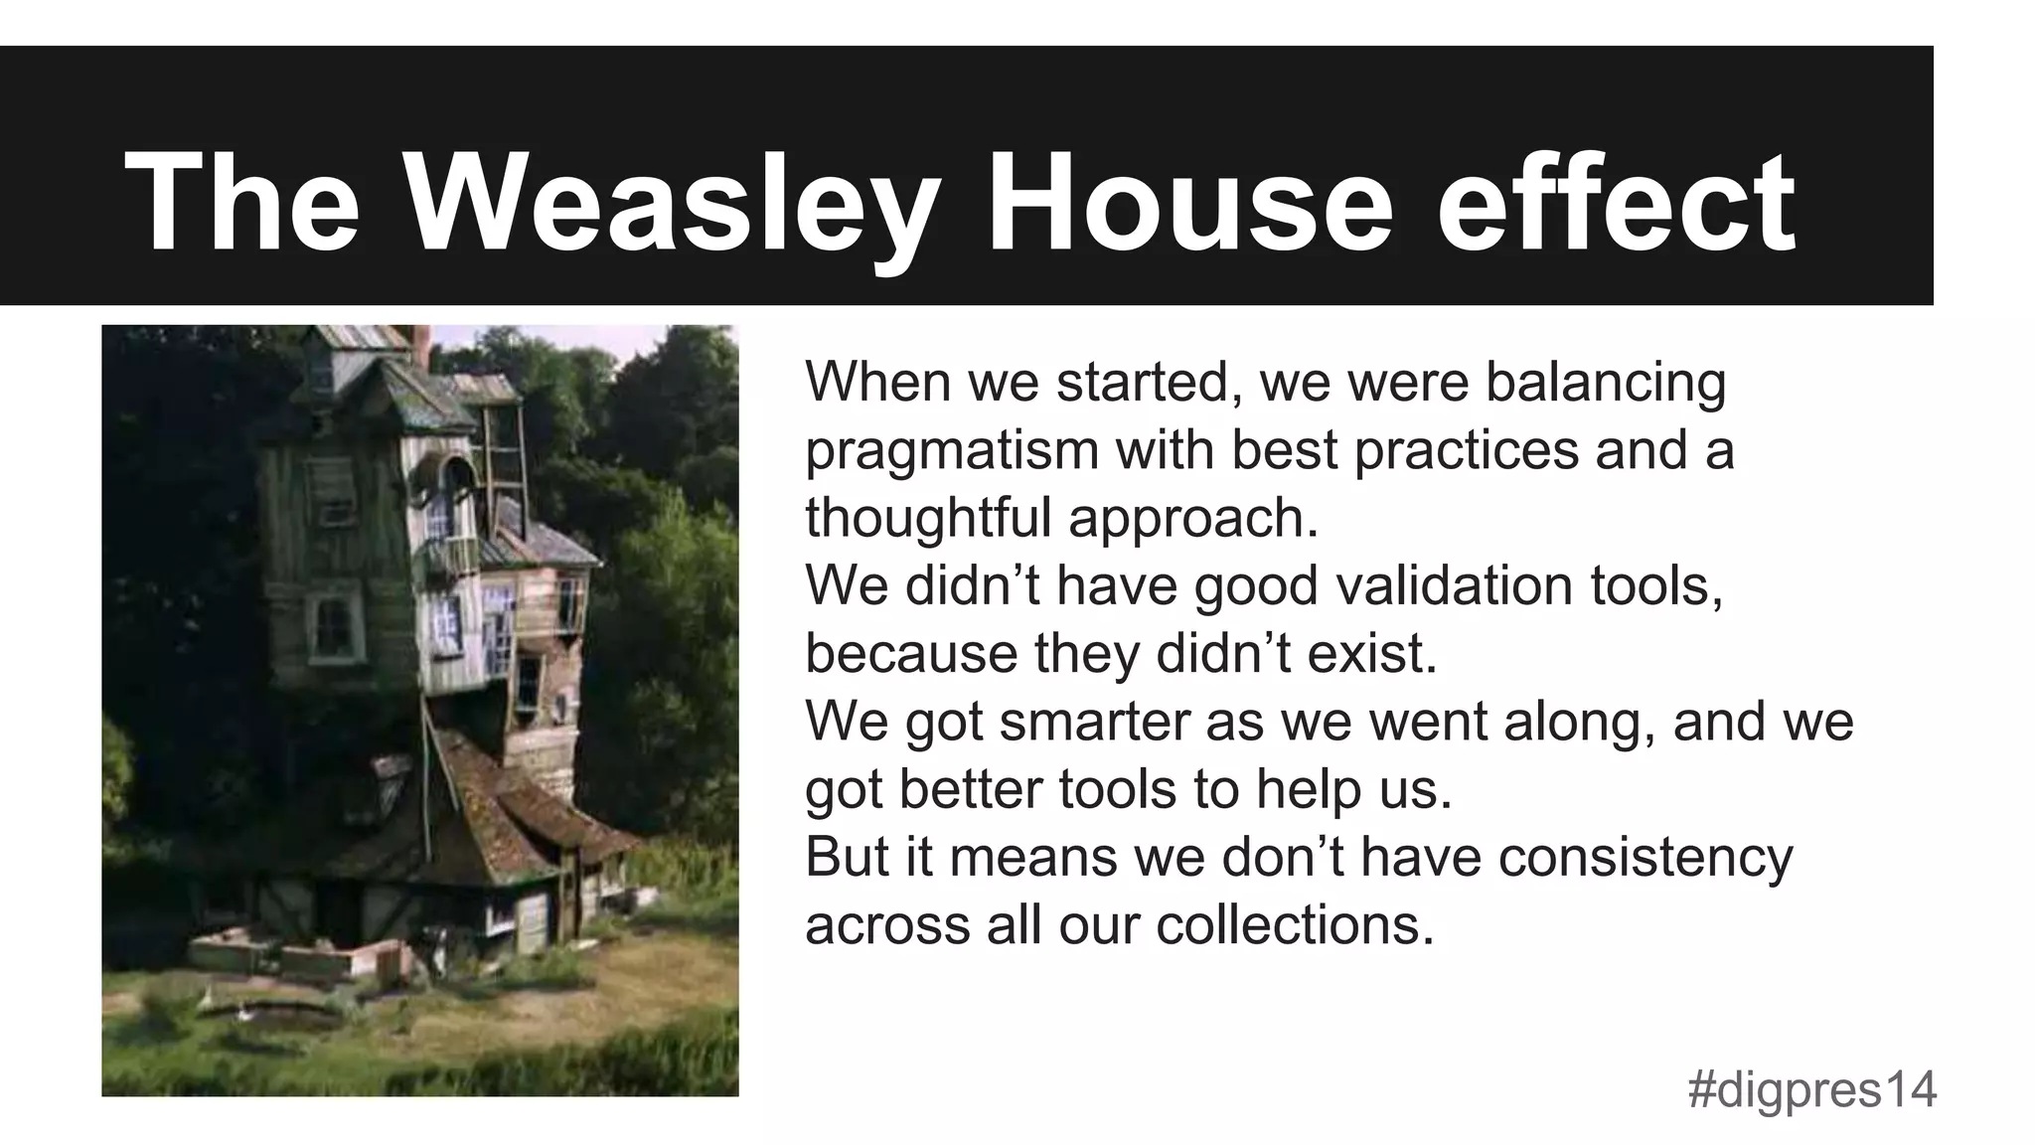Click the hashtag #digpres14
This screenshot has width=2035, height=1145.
click(1811, 1089)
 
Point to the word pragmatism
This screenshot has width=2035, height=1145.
click(951, 452)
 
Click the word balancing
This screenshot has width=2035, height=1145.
click(1606, 383)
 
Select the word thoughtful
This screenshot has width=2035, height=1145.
click(927, 518)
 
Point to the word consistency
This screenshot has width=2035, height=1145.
click(1645, 857)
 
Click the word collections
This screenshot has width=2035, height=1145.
click(1295, 925)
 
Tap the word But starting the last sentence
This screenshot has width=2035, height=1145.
click(847, 857)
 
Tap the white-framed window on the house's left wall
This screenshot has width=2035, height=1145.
click(334, 626)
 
